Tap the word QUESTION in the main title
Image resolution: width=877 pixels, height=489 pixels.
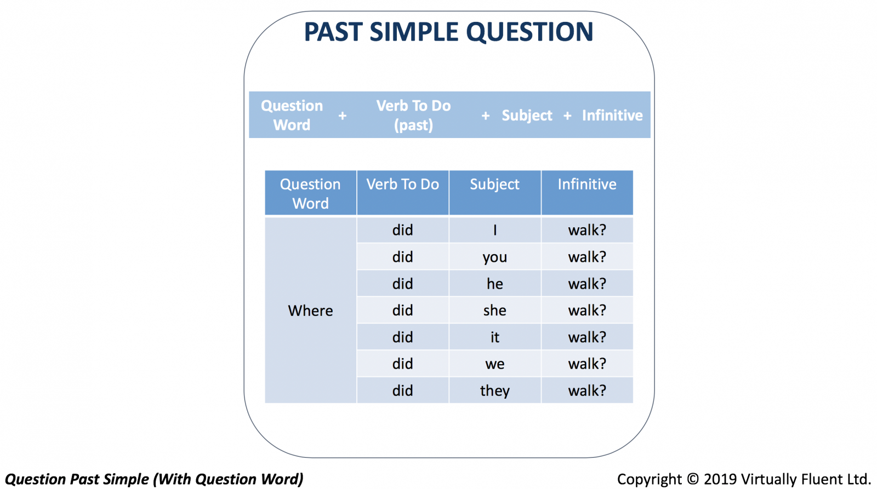[529, 32]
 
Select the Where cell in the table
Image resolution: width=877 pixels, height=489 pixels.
[310, 310]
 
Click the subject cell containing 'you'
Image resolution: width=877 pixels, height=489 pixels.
[495, 257]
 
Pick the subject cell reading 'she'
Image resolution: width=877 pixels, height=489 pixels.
[495, 310]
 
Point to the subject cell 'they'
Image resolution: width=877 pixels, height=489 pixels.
[495, 390]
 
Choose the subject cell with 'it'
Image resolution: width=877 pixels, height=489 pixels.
[495, 337]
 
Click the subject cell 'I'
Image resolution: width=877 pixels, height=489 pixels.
[495, 230]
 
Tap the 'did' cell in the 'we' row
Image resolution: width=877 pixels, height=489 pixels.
[403, 364]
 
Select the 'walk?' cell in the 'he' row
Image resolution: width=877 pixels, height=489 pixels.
[587, 284]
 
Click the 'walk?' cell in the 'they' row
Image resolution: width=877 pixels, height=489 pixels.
[587, 390]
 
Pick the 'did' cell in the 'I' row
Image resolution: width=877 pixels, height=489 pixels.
[403, 230]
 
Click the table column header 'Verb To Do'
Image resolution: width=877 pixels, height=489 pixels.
[403, 192]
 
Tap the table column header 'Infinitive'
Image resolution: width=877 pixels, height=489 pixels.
[587, 192]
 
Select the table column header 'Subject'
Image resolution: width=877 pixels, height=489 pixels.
[495, 192]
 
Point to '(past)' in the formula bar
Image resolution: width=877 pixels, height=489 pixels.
[413, 125]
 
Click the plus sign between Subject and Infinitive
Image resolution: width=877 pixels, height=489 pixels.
[567, 116]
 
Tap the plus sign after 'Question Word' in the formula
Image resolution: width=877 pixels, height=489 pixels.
[343, 116]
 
